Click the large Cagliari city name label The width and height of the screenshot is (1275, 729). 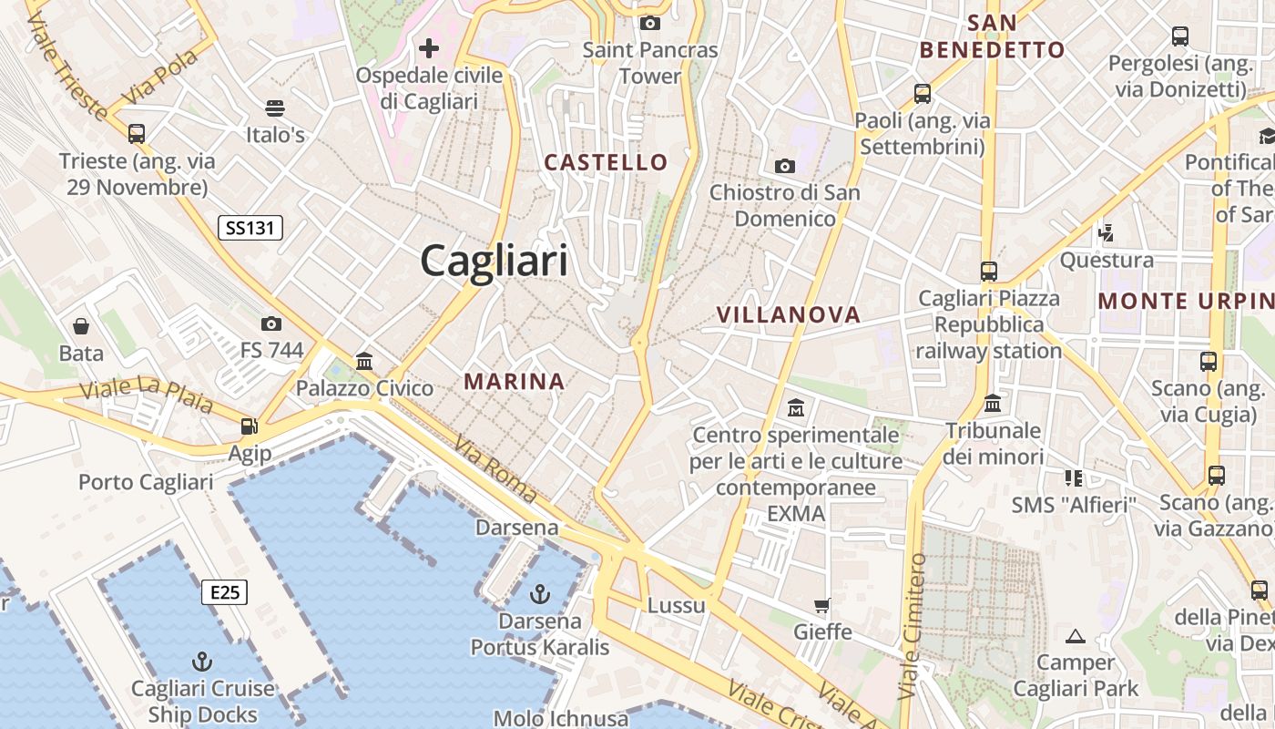tap(494, 262)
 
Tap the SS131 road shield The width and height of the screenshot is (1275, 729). tap(250, 228)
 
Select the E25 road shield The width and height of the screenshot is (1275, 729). tap(224, 593)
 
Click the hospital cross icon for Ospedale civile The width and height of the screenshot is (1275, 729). tap(429, 47)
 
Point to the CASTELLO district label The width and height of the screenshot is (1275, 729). tap(606, 163)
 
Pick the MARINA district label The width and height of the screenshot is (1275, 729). tap(515, 382)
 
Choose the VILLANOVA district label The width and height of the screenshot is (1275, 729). tap(788, 315)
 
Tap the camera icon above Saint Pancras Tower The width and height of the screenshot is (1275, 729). tap(650, 23)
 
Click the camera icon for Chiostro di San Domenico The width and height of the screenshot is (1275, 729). tap(784, 166)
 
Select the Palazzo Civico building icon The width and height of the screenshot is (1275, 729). tap(365, 361)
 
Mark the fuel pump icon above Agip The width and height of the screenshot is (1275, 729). tap(248, 426)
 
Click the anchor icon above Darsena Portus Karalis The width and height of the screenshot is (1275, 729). tap(540, 594)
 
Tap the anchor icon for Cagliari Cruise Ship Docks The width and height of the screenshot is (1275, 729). tap(202, 661)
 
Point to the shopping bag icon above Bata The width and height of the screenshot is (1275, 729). tap(81, 325)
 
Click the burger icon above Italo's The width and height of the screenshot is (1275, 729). tap(275, 108)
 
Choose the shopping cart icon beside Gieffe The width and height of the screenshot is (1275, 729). tap(822, 605)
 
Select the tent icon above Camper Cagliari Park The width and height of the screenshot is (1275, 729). tap(1076, 636)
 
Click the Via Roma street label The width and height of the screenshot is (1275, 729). tap(495, 470)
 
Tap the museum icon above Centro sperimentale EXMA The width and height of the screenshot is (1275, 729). tap(796, 406)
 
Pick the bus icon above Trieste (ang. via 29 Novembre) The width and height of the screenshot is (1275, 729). tap(137, 134)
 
